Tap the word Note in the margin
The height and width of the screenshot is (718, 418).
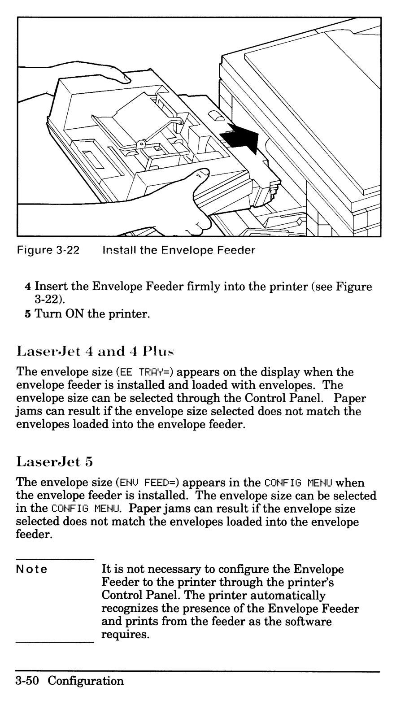[x=31, y=570]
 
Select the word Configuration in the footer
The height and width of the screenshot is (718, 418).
[x=86, y=681]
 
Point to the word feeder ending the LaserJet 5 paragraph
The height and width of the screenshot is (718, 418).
[x=34, y=535]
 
